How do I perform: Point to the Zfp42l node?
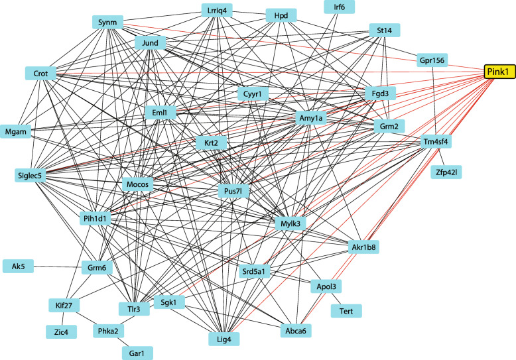pyautogui.click(x=448, y=173)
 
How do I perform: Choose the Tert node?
pyautogui.click(x=346, y=310)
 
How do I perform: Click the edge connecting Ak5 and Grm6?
pyautogui.click(x=56, y=267)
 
